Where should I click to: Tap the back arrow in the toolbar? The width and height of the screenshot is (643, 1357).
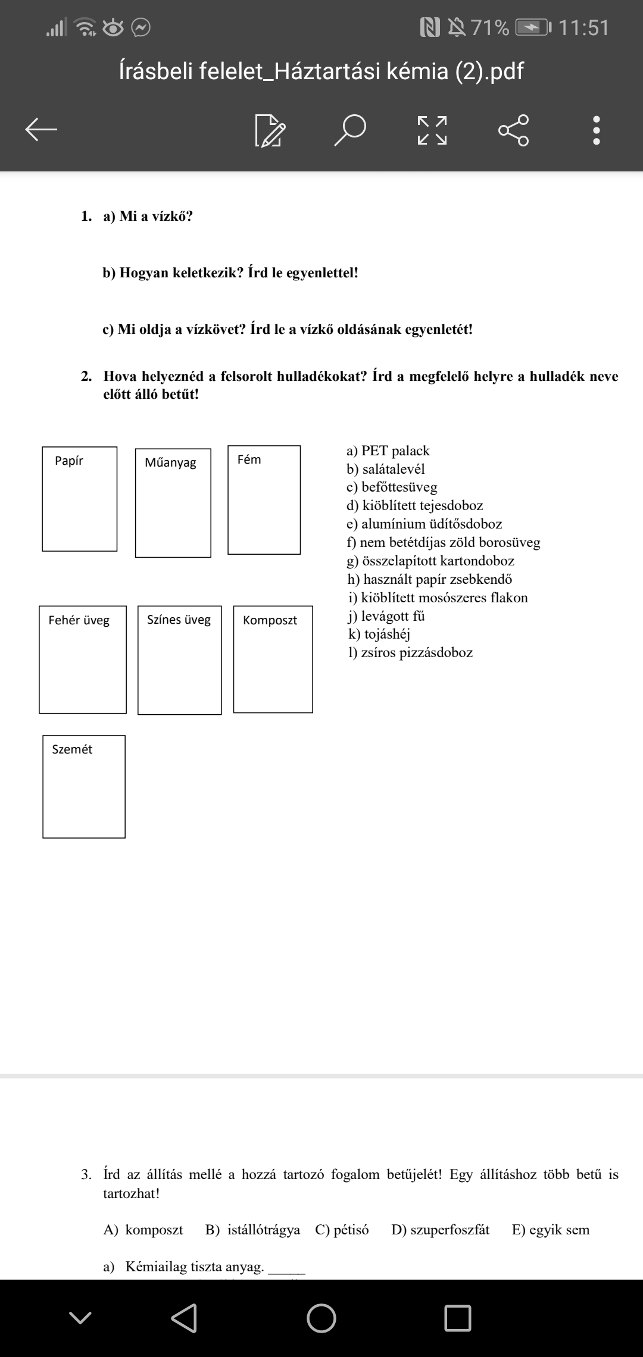tap(41, 129)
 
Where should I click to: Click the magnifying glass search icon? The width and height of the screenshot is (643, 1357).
tap(349, 130)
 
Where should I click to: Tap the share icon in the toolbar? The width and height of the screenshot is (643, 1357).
tap(513, 129)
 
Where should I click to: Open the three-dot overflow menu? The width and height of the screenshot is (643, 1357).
tap(597, 130)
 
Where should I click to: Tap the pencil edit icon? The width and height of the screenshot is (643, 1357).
tap(270, 130)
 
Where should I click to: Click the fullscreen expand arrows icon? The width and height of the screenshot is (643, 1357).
tap(432, 130)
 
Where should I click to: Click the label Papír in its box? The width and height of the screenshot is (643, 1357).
tap(69, 461)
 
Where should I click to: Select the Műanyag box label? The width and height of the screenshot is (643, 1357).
tap(170, 462)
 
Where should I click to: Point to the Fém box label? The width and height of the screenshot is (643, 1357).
tap(249, 459)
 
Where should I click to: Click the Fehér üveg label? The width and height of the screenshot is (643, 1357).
tap(79, 620)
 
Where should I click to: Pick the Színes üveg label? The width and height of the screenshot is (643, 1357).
tap(179, 620)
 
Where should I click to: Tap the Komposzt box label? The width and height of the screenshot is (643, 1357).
tap(270, 620)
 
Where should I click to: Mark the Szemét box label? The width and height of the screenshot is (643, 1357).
tap(72, 749)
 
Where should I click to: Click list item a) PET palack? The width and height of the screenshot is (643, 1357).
tap(388, 451)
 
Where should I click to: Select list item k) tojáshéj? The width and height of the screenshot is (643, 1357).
tap(379, 634)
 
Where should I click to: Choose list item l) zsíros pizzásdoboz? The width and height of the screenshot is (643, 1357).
tap(411, 652)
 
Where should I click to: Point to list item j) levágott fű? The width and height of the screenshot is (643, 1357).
tap(386, 616)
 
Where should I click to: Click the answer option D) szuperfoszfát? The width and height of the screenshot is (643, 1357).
tap(440, 1230)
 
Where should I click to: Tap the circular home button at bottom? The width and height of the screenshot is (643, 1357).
tap(321, 1318)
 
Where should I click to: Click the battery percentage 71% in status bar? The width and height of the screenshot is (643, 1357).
tap(490, 28)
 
